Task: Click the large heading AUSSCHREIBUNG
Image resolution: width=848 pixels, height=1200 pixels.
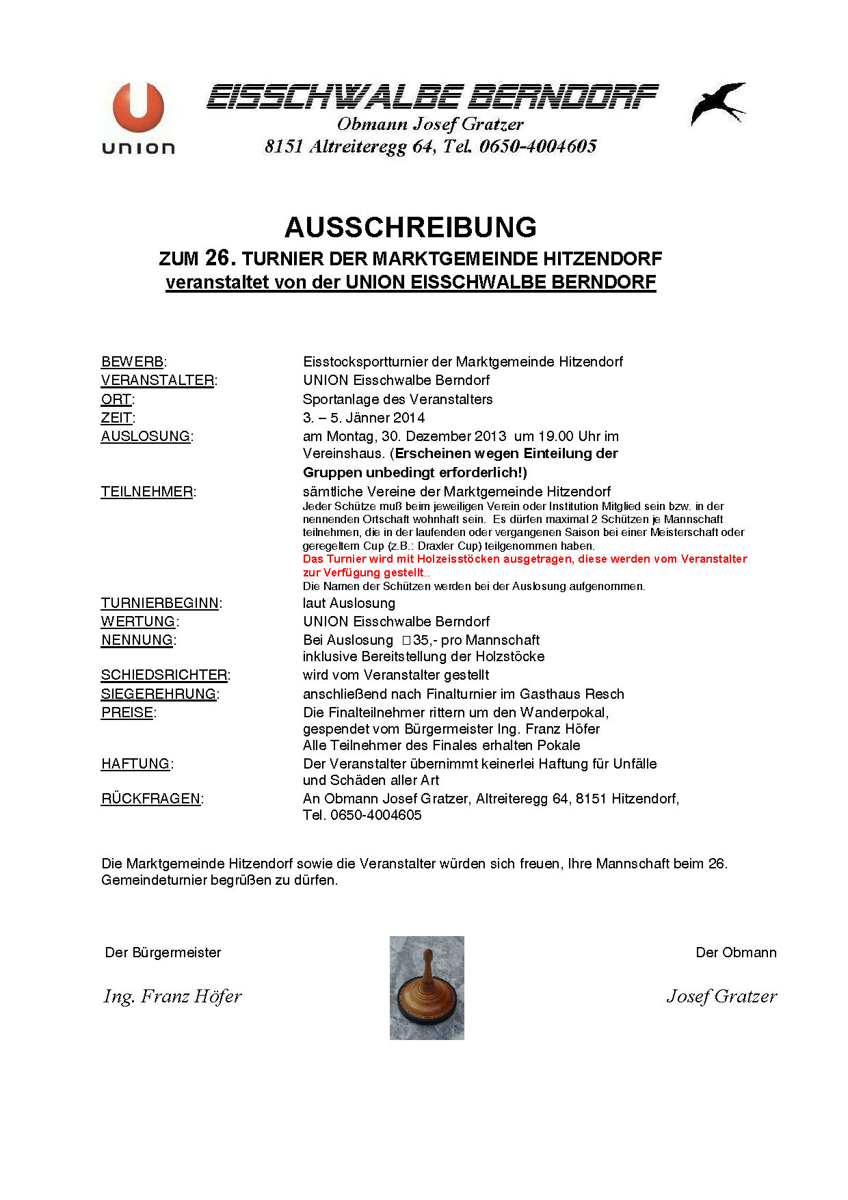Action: click(410, 228)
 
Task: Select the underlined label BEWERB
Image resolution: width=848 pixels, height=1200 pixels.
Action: click(133, 362)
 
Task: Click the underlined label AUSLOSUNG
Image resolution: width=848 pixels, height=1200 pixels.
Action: click(146, 436)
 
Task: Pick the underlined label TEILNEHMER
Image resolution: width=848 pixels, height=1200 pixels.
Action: click(147, 492)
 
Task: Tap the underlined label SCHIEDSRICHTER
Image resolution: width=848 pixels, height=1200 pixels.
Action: click(164, 675)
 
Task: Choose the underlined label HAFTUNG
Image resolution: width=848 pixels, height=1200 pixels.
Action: click(135, 764)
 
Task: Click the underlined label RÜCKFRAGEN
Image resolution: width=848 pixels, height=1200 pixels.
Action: click(151, 799)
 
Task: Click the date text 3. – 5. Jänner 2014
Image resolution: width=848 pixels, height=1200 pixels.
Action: click(364, 418)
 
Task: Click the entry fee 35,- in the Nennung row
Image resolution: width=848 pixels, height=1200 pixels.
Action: click(421, 640)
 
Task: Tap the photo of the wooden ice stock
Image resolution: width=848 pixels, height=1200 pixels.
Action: click(427, 987)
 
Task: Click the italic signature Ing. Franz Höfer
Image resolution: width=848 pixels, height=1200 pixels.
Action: click(172, 996)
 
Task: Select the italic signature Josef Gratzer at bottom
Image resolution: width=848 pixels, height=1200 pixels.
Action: click(721, 996)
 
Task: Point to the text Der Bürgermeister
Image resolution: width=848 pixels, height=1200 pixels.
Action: click(163, 952)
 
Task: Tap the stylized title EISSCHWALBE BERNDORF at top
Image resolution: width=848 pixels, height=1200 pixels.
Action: click(432, 97)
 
